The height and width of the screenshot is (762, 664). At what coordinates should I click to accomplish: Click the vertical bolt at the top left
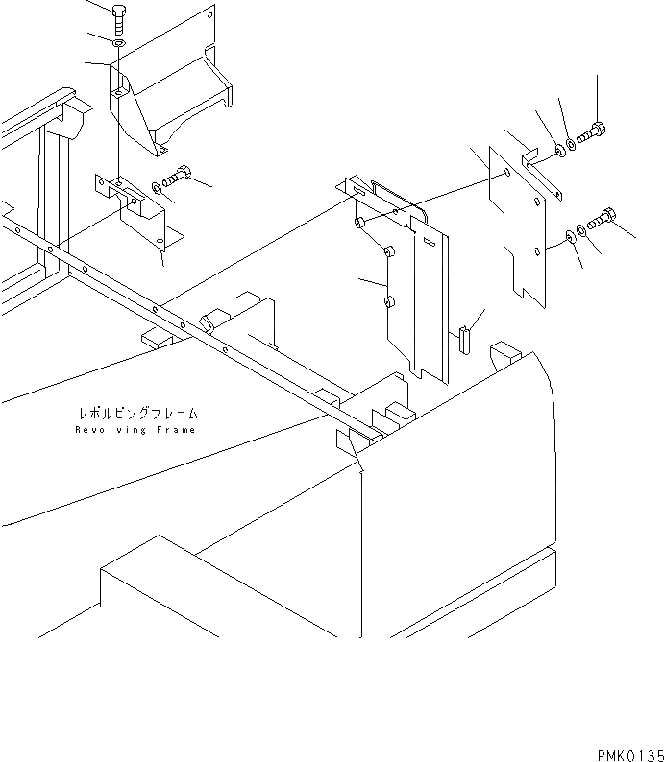coord(118,18)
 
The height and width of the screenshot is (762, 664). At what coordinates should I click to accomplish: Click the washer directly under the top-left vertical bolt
coord(117,44)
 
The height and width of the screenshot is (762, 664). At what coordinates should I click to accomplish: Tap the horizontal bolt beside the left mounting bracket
coord(178,177)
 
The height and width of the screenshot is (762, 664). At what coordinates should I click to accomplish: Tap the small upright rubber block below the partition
coord(464,338)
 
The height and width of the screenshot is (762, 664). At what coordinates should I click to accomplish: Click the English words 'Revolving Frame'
coord(135,430)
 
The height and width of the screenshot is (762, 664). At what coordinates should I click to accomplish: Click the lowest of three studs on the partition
coord(388,302)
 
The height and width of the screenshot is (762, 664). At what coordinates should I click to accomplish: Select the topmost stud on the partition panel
coord(358,224)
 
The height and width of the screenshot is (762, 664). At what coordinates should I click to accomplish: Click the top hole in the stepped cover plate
coord(506,174)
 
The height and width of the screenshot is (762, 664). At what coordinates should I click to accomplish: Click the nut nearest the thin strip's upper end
coord(558,151)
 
